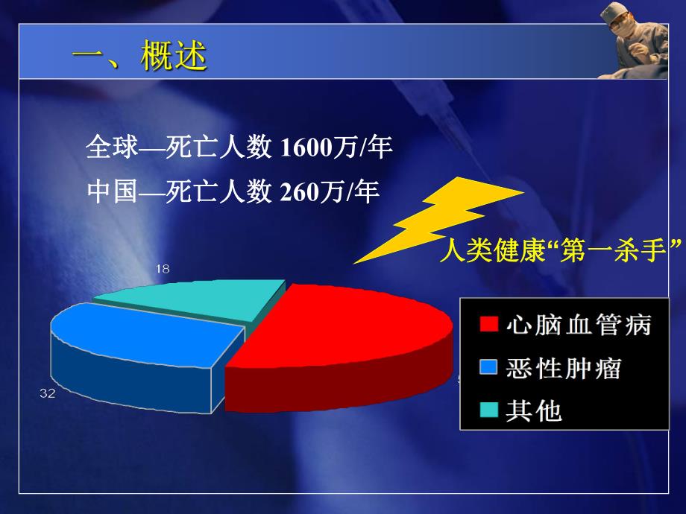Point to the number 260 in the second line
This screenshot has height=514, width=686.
coord(299,192)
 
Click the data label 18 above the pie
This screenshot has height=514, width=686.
coord(162,269)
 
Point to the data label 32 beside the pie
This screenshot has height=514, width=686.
coord(48,393)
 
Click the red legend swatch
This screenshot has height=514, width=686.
coord(488,324)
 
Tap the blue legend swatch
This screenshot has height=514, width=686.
coord(488,367)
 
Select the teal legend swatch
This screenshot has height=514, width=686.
coord(488,409)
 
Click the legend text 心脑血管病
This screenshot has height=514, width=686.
coord(579,325)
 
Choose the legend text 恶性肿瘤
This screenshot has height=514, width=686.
coord(563,367)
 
